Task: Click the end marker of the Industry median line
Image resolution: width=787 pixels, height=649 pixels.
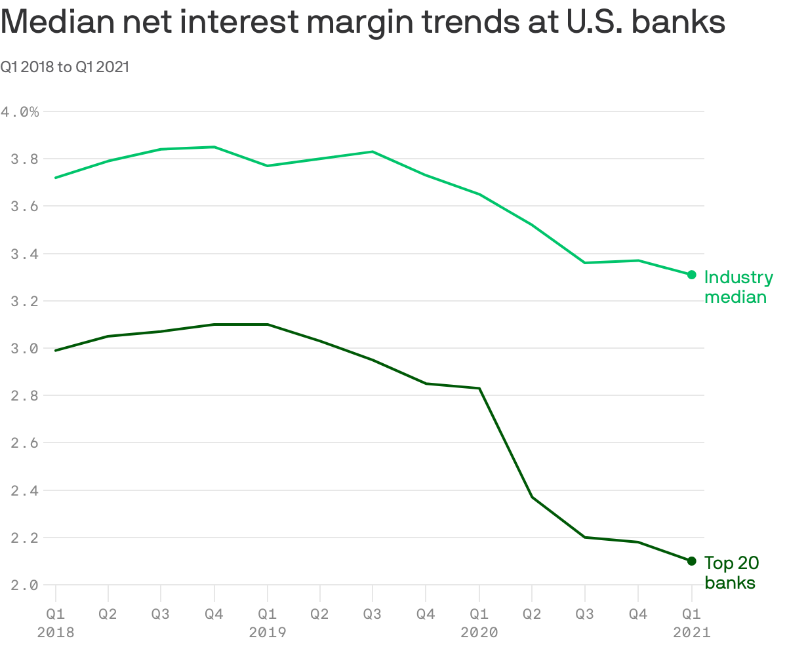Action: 691,275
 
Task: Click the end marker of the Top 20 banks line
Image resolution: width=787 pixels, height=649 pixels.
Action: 691,561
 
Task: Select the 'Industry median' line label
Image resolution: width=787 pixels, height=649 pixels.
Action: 738,287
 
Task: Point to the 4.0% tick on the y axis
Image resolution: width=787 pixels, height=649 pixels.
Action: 20,112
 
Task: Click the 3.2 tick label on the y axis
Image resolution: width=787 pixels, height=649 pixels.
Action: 20,302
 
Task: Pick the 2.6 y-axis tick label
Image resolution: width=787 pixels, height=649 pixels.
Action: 20,443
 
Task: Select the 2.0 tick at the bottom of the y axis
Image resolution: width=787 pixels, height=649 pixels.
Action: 20,585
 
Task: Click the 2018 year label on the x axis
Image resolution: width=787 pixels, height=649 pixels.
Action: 56,633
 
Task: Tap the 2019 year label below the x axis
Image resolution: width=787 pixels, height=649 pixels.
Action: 267,633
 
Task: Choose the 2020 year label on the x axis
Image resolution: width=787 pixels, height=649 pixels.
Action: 479,633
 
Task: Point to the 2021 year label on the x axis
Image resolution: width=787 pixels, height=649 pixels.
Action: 691,633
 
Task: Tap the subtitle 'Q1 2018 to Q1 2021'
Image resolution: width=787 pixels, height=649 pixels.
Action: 64,67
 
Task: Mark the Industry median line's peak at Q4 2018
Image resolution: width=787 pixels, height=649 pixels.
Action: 214,147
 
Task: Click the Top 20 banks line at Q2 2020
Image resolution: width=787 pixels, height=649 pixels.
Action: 532,497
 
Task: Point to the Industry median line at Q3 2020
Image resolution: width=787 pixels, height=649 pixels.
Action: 585,263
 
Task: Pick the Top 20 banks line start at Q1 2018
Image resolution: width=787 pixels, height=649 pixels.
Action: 56,351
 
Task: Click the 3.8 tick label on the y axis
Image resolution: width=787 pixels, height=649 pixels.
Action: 20,159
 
